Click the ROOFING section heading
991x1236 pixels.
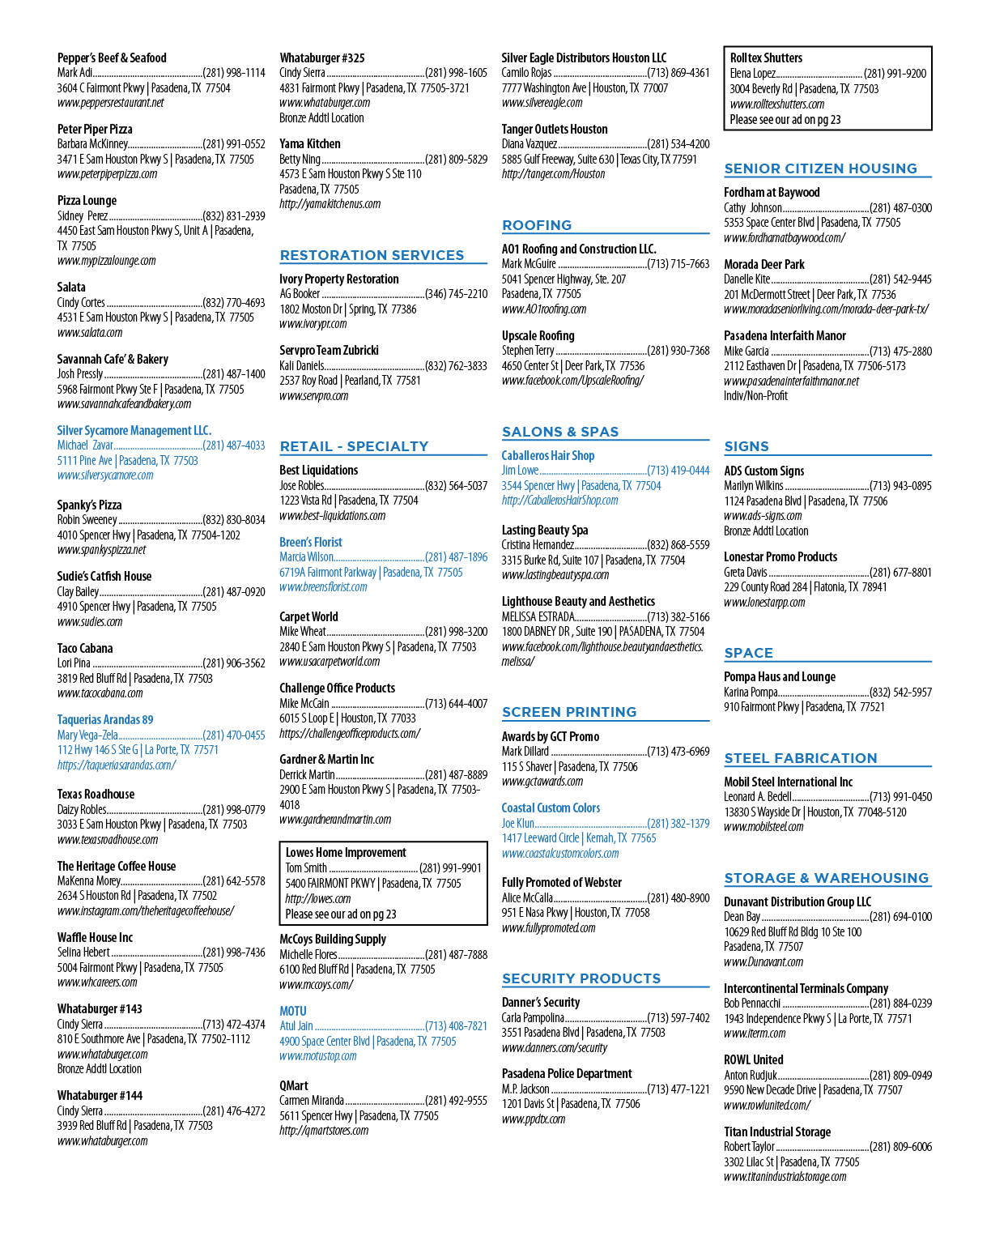pyautogui.click(x=536, y=225)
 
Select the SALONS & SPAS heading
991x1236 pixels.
pyautogui.click(x=559, y=432)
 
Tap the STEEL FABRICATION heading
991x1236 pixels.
pyautogui.click(x=801, y=758)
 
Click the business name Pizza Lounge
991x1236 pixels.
pyautogui.click(x=87, y=200)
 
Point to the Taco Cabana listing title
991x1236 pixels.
pyautogui.click(x=85, y=648)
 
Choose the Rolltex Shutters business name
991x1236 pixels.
pyautogui.click(x=766, y=58)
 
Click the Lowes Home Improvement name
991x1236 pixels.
pyautogui.click(x=346, y=852)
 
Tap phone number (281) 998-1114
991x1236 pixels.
pyautogui.click(x=234, y=73)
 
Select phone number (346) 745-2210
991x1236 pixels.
pyautogui.click(x=457, y=294)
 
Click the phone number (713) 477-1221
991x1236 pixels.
pyautogui.click(x=678, y=1089)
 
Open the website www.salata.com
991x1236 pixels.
pyautogui.click(x=90, y=333)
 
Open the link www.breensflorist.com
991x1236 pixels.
pyautogui.click(x=323, y=587)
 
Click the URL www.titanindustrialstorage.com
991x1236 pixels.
pyautogui.click(x=785, y=1177)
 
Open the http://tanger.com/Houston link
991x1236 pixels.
pyautogui.click(x=554, y=174)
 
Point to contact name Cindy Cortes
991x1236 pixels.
pyautogui.click(x=81, y=303)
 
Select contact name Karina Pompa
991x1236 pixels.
pyautogui.click(x=751, y=692)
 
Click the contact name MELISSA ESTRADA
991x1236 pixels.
pyautogui.click(x=538, y=617)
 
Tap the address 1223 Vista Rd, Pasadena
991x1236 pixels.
pyautogui.click(x=349, y=501)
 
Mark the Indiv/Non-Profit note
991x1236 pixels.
pyautogui.click(x=755, y=396)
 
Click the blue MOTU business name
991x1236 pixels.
pyautogui.click(x=293, y=1011)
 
